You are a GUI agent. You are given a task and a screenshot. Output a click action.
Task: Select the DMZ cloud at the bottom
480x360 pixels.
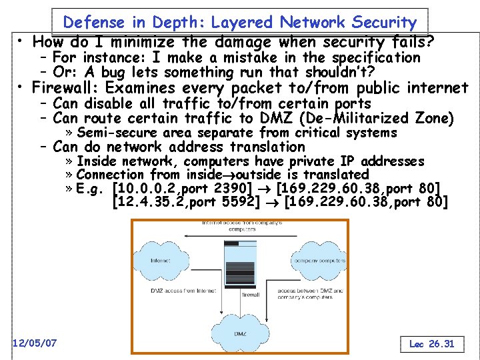point(239,331)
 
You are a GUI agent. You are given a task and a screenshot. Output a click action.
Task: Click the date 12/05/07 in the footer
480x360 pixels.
point(35,343)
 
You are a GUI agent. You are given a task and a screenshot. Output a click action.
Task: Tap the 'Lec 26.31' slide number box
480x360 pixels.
point(432,344)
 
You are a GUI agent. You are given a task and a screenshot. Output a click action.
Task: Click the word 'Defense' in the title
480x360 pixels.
point(92,22)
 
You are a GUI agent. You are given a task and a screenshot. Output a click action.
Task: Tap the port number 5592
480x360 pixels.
point(238,201)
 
